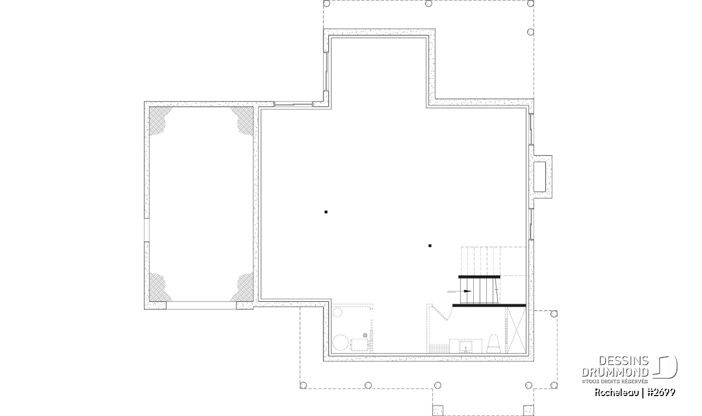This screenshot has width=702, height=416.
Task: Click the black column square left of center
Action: pyautogui.click(x=326, y=212)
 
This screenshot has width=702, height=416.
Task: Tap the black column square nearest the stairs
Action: pyautogui.click(x=430, y=246)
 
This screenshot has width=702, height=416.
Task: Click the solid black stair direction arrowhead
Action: pyautogui.click(x=467, y=291)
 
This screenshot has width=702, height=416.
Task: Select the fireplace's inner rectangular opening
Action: pyautogui.click(x=539, y=177)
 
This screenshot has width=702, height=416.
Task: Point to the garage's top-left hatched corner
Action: pyautogui.click(x=159, y=119)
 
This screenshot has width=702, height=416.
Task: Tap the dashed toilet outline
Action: pyautogui.click(x=493, y=344)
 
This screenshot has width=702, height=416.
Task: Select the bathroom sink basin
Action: pyautogui.click(x=466, y=347)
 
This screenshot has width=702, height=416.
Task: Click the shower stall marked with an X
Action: pyautogui.click(x=515, y=330)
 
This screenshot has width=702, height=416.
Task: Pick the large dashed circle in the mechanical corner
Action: pyautogui.click(x=340, y=343)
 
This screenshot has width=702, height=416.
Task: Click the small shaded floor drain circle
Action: pyautogui.click(x=365, y=335)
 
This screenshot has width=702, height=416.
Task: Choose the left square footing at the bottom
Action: pyautogui.click(x=438, y=410)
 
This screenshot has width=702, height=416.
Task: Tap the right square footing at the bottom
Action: pyautogui.click(x=528, y=410)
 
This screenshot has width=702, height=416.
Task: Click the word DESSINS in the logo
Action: pyautogui.click(x=624, y=361)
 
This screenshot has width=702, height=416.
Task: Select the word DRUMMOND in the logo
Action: pyautogui.click(x=615, y=372)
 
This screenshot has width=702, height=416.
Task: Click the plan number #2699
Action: pyautogui.click(x=661, y=393)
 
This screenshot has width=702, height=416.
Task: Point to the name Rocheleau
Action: pyautogui.click(x=617, y=393)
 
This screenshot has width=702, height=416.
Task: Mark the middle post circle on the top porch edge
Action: pyautogui.click(x=429, y=4)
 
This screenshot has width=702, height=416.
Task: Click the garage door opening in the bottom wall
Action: pyautogui.click(x=201, y=305)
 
